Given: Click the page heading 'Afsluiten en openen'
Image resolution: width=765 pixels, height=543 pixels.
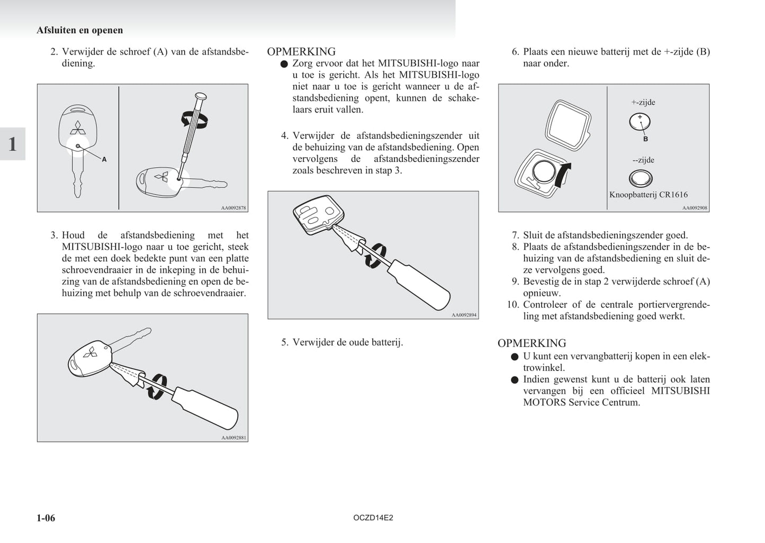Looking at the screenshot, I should tap(79, 30).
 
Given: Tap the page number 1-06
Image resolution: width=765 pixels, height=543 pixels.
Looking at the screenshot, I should tap(46, 518).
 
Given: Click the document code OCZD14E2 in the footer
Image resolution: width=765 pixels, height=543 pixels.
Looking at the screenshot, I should tap(373, 518).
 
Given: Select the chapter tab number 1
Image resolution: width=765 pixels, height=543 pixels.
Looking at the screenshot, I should tap(12, 144).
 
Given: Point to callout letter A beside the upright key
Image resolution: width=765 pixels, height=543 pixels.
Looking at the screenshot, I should tap(104, 159).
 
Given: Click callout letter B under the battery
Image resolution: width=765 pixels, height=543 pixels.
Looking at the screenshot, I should tap(645, 139).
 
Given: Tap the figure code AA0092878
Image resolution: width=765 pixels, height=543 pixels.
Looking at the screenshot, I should tap(233, 208).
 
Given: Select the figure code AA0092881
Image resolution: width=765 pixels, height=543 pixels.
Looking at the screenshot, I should tap(233, 438).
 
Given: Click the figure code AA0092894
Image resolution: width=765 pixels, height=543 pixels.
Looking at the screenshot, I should tap(464, 315).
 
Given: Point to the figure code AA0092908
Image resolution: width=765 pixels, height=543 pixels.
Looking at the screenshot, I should tap(695, 208).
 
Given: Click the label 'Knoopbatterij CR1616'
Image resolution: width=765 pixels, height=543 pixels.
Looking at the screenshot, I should tap(648, 195).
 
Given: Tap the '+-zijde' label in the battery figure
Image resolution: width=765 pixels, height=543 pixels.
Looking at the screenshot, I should tap(643, 103).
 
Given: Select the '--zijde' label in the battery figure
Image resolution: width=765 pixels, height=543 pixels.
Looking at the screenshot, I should tap(643, 160).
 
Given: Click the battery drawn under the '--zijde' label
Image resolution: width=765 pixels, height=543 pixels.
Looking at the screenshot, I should tap(640, 178).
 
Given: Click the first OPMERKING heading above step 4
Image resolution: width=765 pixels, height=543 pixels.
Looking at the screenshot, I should tap(301, 52).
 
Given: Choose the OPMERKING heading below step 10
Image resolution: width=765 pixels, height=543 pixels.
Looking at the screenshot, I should tap(532, 343).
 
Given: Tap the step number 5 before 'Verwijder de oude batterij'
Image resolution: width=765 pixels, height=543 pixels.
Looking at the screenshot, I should tap(284, 342).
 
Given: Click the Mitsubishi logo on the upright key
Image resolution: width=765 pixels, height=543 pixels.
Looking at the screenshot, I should tap(77, 129).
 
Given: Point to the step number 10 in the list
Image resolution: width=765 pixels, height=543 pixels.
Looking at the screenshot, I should tap(512, 305).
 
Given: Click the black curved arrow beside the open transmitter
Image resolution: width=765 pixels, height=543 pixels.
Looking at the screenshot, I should tap(562, 175).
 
